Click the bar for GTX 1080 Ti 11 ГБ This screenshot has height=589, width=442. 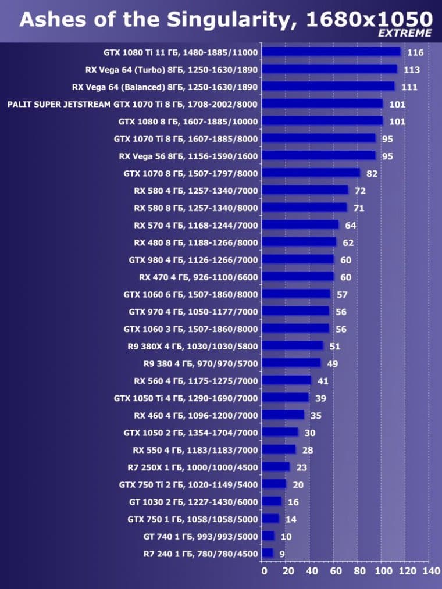(x=331, y=52)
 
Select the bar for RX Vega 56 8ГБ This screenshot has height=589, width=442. (x=319, y=155)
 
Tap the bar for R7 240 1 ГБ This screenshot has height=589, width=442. (x=268, y=553)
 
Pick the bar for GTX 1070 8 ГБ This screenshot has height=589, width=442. (x=311, y=173)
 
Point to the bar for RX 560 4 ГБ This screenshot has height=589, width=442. (x=287, y=380)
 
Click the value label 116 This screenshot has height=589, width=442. (x=415, y=53)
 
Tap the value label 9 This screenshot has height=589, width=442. (x=282, y=554)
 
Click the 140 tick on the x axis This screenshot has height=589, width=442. (x=430, y=572)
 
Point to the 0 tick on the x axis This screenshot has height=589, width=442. (x=263, y=572)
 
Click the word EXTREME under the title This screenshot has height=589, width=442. (x=405, y=33)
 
